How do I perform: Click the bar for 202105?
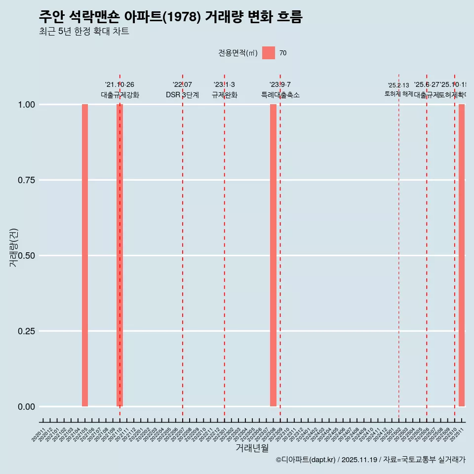[85, 255]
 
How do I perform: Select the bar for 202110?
[119, 255]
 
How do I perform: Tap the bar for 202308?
[273, 255]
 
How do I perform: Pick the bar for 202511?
[462, 255]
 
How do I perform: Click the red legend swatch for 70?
[269, 53]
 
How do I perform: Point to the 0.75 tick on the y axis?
[27, 180]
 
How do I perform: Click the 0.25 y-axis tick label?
[27, 331]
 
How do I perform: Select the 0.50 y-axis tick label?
[27, 256]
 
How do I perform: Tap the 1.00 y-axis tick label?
[27, 105]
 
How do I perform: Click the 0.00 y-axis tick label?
[27, 407]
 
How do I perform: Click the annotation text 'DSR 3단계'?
[182, 95]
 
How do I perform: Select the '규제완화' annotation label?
[225, 95]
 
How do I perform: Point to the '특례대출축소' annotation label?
[280, 95]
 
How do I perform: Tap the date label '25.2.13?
[398, 85]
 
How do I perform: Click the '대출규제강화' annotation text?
[120, 95]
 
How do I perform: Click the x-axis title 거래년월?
[252, 448]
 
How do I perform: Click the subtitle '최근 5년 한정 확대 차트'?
[84, 32]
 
